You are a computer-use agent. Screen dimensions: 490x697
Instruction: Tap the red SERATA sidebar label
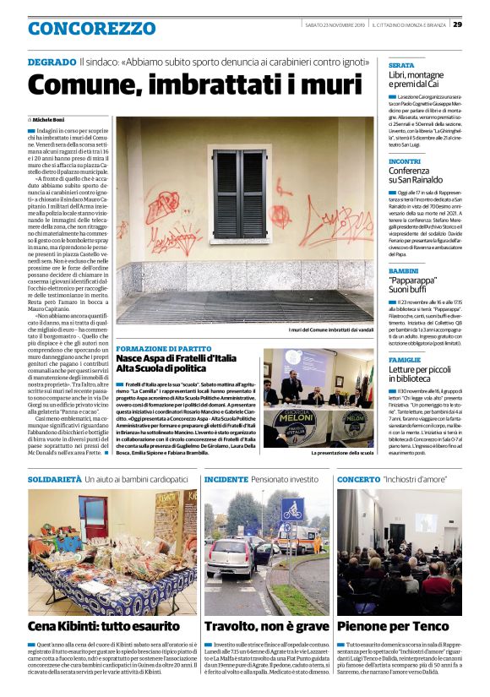tap(400, 65)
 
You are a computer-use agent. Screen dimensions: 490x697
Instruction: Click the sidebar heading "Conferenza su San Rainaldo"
tap(417, 175)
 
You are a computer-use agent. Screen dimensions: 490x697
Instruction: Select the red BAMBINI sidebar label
tap(404, 270)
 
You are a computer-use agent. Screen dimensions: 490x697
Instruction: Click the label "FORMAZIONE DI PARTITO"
tap(164, 348)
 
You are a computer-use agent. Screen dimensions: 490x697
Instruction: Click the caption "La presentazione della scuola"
tap(342, 453)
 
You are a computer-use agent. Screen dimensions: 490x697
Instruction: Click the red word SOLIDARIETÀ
tap(54, 479)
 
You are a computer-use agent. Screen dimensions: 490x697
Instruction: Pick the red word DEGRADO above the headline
tap(52, 63)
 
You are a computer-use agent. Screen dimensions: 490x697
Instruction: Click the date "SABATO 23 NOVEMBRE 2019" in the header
tap(335, 24)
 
